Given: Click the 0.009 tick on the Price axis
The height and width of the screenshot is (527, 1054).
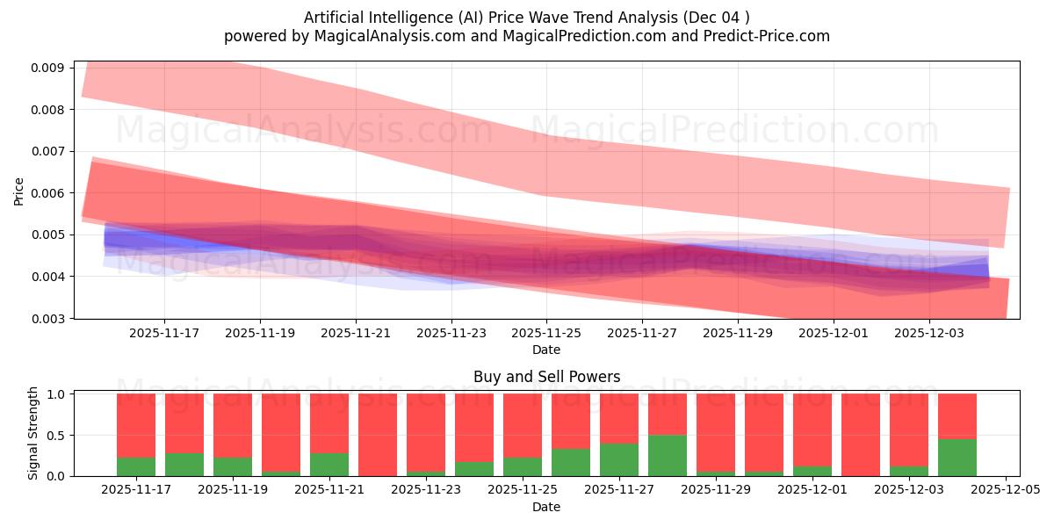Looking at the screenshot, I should click(49, 68).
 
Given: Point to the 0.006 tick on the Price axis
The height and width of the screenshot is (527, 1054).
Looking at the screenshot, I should click(49, 193).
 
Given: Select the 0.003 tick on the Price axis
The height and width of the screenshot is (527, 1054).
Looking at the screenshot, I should click(49, 319).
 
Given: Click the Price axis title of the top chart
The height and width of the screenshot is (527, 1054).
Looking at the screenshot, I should click(18, 190).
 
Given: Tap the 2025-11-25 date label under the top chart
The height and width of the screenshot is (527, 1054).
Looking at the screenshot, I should click(546, 334).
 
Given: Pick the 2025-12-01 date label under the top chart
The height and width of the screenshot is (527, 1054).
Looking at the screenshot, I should click(834, 334).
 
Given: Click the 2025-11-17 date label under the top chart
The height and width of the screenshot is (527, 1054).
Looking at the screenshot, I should click(164, 334).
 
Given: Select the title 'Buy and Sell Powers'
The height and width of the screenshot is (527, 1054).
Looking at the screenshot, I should click(546, 377).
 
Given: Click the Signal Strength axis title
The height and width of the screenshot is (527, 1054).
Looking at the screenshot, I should click(33, 433).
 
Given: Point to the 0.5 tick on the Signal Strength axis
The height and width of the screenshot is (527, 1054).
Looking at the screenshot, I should click(54, 436).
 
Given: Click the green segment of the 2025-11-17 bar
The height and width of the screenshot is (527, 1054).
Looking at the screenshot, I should click(136, 466).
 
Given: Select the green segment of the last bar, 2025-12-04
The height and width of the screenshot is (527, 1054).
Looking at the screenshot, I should click(957, 458).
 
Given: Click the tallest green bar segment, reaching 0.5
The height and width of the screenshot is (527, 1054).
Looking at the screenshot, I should click(668, 455).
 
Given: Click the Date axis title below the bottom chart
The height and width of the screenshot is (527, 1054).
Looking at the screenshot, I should click(546, 507).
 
